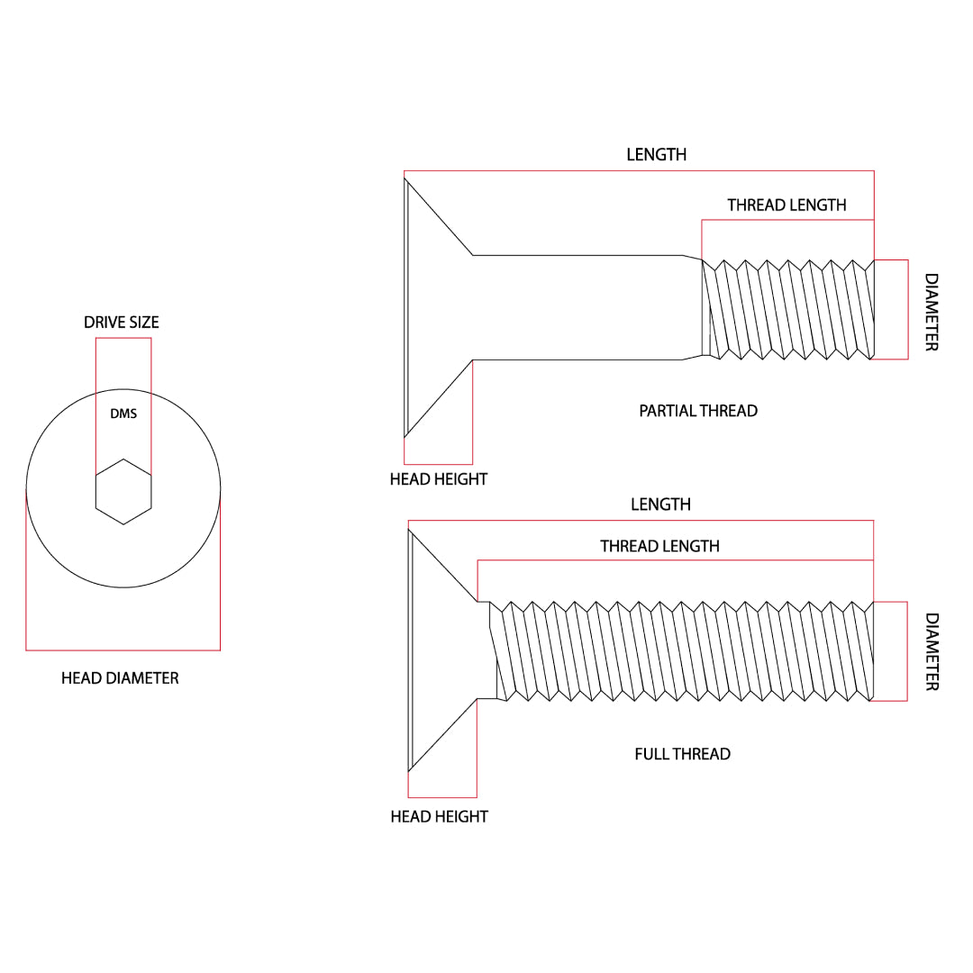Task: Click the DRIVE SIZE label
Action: coord(122,323)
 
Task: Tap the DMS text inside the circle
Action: coord(123,414)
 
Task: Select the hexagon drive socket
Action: coord(123,491)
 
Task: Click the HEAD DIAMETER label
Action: coord(120,677)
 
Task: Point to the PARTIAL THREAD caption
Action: coord(698,411)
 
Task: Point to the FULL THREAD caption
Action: coord(682,754)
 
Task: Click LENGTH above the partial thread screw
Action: coord(657,155)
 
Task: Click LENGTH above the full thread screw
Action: coord(660,505)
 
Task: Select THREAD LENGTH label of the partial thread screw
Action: coord(787,205)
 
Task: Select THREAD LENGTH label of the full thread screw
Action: coord(659,546)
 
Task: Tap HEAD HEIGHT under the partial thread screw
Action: coord(438,479)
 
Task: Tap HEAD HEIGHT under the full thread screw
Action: coord(439,816)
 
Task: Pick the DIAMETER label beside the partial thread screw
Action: coord(932,313)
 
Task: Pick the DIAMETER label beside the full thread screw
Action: coord(932,651)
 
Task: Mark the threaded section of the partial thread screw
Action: coord(788,309)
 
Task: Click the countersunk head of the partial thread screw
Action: coord(437,308)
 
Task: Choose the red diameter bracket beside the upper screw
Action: coord(906,309)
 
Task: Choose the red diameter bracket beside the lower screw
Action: coord(905,650)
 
